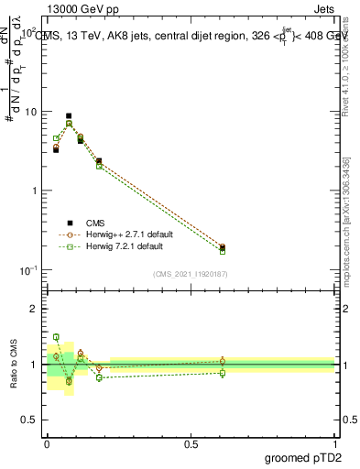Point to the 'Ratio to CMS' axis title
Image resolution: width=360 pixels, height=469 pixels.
point(13,364)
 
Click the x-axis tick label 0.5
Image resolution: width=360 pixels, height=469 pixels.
point(191,443)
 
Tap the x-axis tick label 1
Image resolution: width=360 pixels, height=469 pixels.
point(334,443)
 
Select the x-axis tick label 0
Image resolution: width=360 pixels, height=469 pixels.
point(47,443)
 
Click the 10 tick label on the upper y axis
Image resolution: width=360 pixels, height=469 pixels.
point(30,112)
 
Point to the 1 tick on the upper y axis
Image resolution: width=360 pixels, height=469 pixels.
point(35,191)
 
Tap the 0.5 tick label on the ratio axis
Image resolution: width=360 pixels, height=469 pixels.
point(30,420)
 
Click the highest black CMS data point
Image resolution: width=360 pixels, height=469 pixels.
point(69,116)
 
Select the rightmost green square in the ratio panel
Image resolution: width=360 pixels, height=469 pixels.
point(223,373)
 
